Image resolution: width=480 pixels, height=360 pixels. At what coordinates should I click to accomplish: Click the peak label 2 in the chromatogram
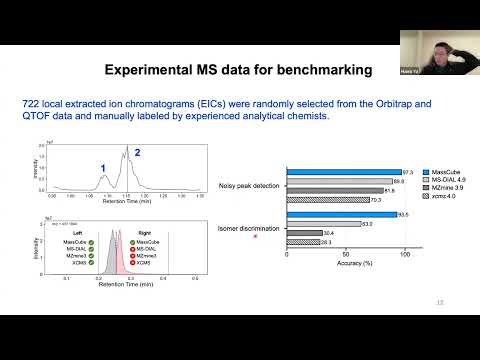coord(138,153)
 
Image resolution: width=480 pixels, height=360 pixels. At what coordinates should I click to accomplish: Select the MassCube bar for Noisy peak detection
coord(343,172)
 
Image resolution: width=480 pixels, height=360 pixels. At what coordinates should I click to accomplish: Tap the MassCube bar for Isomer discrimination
coord(341,215)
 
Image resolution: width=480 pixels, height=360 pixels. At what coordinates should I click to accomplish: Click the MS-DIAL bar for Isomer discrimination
coord(323,224)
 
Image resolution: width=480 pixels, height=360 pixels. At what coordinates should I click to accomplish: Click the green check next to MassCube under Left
coord(91,242)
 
